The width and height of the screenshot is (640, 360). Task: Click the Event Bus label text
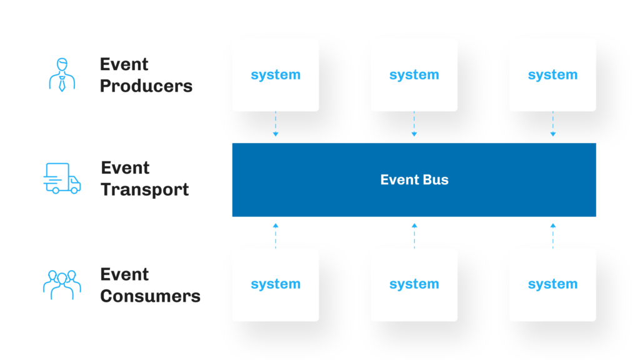point(414,180)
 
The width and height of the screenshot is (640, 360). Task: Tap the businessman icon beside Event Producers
point(61,75)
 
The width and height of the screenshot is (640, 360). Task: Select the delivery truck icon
point(62,179)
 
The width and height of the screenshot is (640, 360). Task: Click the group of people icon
point(62,285)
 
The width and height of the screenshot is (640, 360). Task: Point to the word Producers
point(146,86)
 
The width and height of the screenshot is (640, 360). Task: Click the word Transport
point(145,189)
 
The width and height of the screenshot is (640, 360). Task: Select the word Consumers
point(150,296)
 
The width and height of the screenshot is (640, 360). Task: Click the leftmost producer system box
point(276,75)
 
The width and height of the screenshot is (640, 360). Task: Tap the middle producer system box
point(414,75)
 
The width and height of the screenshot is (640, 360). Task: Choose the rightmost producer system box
point(552,75)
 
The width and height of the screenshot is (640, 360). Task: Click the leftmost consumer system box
point(276,285)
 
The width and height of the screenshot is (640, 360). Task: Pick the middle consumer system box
point(414,285)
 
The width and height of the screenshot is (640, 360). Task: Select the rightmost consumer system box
point(552,285)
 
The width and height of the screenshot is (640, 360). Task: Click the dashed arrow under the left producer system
point(276,125)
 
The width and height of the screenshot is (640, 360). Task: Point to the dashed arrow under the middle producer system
point(414,125)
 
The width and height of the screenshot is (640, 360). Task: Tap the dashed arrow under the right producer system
point(552,125)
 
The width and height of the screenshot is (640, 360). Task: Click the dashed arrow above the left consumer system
point(276,235)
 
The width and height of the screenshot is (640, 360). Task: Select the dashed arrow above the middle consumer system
point(414,235)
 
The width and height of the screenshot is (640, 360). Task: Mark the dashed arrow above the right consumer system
point(552,235)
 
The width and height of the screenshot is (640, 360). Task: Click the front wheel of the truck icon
point(74,190)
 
